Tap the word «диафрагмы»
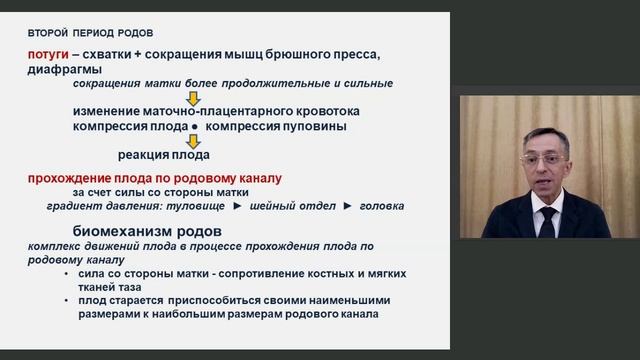pos(64,69)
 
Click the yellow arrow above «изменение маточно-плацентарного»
pos(195,97)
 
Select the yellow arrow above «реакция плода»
pos(195,141)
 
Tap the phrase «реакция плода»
pos(163,155)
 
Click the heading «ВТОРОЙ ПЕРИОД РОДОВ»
pos(91,33)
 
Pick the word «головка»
pos(381,205)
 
